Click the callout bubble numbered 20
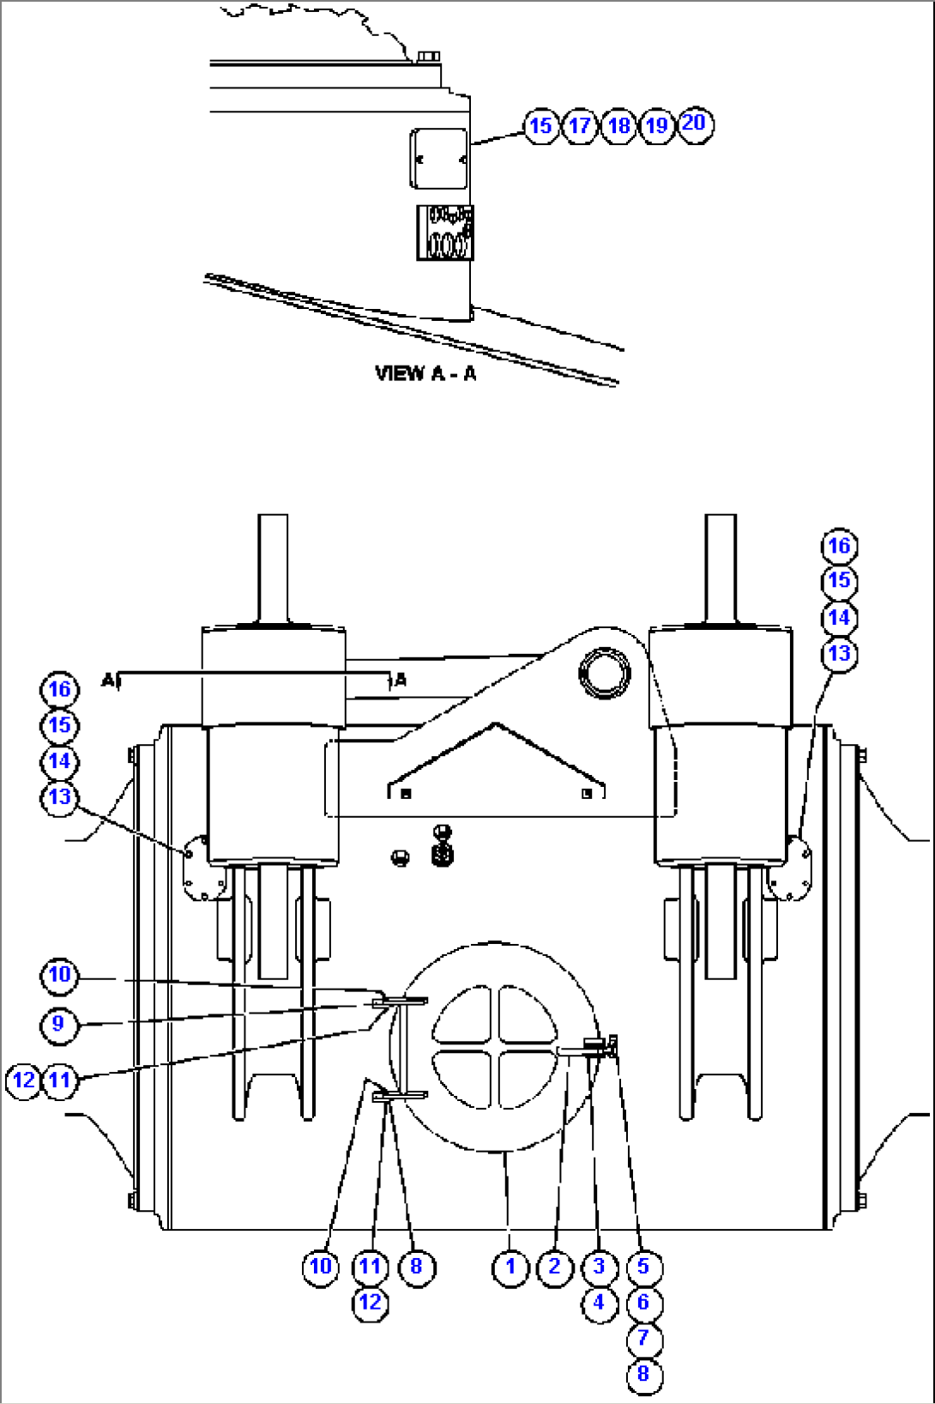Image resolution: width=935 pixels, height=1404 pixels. (695, 124)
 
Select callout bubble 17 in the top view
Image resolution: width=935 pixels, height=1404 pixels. (580, 126)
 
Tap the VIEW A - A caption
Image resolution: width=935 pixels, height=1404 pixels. (425, 373)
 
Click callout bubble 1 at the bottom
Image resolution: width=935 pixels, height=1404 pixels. (510, 1267)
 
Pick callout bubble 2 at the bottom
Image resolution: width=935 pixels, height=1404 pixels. (555, 1267)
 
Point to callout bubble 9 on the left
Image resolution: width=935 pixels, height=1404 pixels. (58, 1024)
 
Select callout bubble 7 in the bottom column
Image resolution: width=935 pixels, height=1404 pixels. (643, 1338)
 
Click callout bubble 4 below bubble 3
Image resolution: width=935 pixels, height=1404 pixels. (599, 1303)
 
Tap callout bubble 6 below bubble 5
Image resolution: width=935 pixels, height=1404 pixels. (643, 1303)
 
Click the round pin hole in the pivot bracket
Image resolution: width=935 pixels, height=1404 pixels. (605, 673)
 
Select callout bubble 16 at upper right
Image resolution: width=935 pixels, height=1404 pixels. (839, 546)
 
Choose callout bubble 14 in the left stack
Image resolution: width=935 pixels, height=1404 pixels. (59, 761)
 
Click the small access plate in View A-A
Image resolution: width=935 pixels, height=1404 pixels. (439, 159)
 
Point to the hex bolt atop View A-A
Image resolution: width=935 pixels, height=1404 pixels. (427, 57)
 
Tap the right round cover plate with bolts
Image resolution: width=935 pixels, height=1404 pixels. (792, 869)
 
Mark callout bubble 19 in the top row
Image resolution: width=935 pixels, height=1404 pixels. (657, 126)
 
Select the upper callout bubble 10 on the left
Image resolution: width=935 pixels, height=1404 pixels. (59, 975)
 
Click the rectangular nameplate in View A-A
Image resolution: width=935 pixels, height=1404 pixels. (444, 233)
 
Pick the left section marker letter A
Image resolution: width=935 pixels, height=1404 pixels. (107, 681)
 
